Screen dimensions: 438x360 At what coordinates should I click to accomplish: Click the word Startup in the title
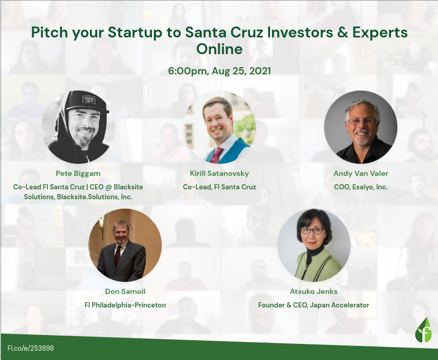tap(135, 33)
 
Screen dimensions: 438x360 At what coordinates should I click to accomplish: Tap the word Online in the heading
tap(220, 49)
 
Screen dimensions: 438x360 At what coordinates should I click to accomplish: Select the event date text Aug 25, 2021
tap(241, 71)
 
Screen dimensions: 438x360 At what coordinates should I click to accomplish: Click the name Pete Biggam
tap(78, 173)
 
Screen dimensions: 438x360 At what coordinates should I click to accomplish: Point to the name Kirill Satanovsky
tap(220, 173)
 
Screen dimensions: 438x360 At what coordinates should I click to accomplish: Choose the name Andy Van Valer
tap(360, 173)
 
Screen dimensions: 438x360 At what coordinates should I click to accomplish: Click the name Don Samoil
tap(125, 291)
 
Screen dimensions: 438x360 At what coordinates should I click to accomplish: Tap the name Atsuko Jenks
tap(314, 291)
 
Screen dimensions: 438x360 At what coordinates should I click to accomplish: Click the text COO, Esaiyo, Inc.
tap(360, 187)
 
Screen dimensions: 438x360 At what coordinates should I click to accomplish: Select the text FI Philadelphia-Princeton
tap(125, 305)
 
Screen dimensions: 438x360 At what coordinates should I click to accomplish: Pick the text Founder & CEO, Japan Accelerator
tap(314, 305)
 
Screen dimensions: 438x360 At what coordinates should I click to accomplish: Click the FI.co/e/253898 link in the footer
tap(31, 348)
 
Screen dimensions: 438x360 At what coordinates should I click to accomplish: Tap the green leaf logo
tap(423, 330)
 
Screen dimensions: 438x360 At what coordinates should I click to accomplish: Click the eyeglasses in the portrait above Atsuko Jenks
tap(312, 230)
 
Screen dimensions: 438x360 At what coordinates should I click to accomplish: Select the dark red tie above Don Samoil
tap(118, 256)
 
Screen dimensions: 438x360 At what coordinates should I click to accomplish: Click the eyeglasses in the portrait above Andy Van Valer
tap(362, 122)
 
